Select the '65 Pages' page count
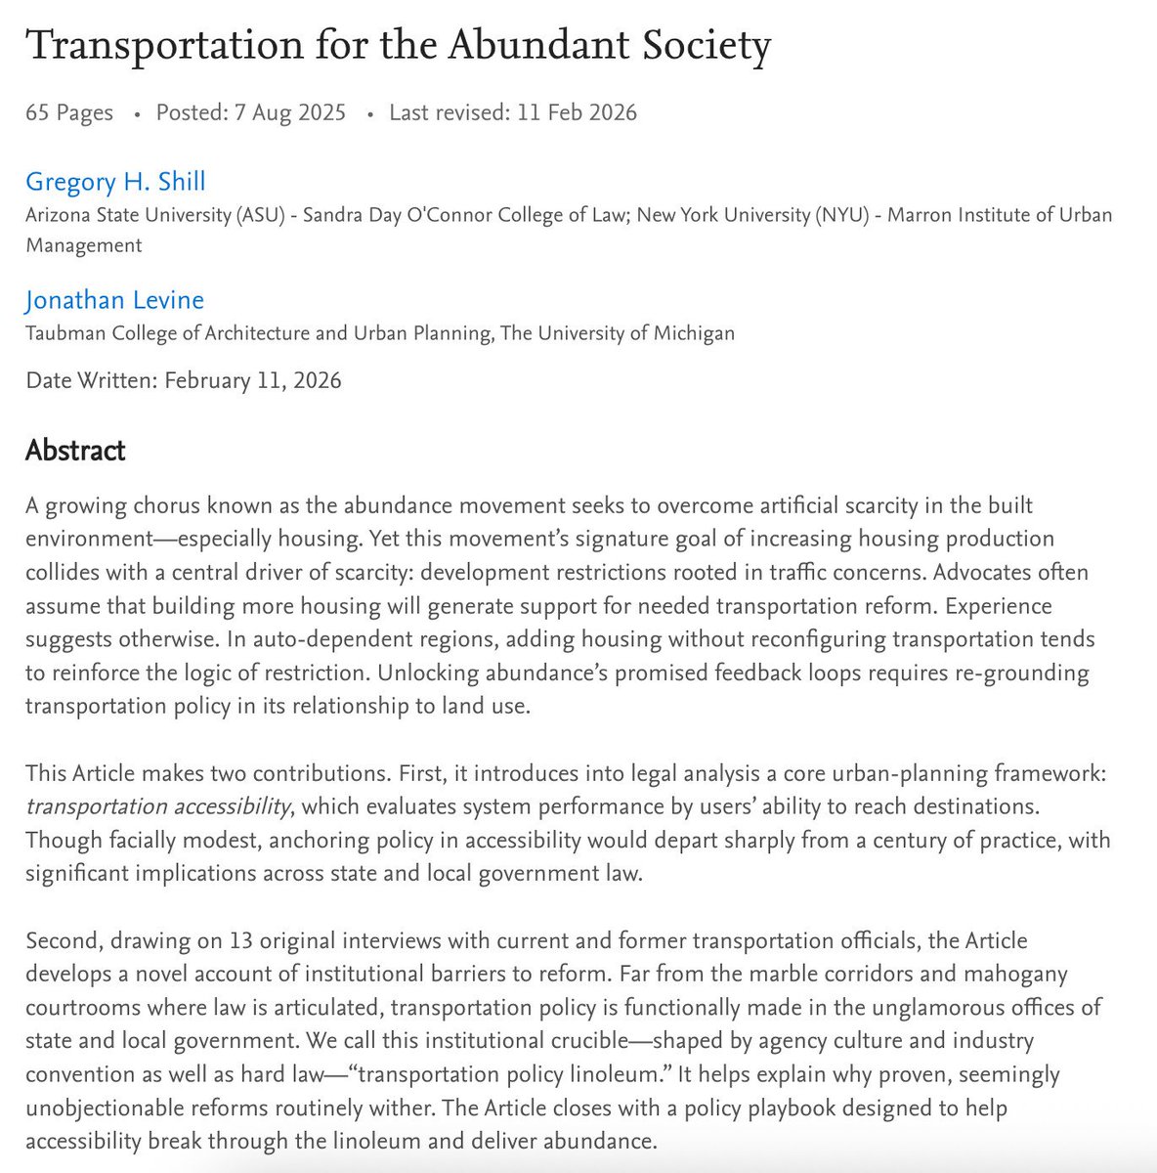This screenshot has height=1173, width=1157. point(69,112)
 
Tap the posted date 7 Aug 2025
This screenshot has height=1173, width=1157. point(289,112)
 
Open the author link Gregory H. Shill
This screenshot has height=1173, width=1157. point(115,181)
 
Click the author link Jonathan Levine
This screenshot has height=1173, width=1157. point(114,300)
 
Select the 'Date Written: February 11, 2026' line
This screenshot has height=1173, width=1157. point(184,380)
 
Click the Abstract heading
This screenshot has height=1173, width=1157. point(75,451)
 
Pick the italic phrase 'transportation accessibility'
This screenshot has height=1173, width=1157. point(158,806)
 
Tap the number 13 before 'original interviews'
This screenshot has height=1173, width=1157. point(241,940)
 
